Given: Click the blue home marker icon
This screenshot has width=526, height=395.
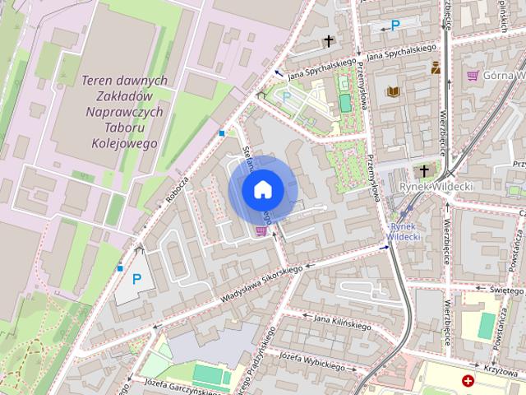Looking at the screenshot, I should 263,190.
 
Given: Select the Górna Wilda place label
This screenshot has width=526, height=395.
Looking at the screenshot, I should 504,76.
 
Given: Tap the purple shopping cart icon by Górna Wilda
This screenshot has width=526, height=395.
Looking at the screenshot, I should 473,76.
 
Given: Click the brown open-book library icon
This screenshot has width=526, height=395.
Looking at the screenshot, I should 394,91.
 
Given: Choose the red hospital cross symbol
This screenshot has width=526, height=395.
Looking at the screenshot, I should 468,382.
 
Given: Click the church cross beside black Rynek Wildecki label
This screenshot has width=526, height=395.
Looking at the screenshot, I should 424,170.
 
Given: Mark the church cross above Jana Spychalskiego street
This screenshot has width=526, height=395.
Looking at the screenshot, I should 330,40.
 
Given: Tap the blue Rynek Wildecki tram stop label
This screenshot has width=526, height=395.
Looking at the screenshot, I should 404,231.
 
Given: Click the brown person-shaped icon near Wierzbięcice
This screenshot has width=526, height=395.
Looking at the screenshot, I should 436,69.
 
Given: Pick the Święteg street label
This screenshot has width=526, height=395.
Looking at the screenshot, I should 506,290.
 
